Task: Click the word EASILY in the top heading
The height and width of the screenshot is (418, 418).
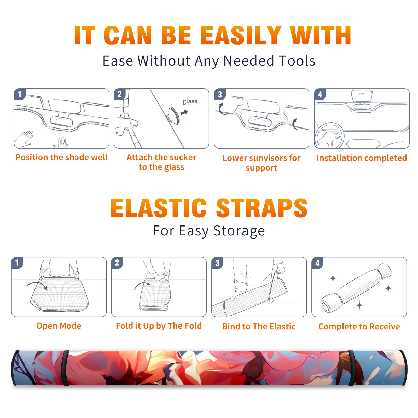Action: pyautogui.click(x=241, y=36)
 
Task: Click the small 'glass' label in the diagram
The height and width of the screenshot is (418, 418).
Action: pyautogui.click(x=190, y=101)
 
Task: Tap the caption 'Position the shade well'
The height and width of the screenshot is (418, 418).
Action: pyautogui.click(x=61, y=157)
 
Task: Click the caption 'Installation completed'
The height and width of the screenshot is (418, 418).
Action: pyautogui.click(x=362, y=158)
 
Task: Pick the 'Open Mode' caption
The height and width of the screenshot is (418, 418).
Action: pyautogui.click(x=59, y=326)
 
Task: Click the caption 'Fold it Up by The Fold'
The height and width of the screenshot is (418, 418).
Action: pyautogui.click(x=159, y=326)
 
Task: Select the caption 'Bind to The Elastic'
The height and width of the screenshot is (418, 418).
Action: pyautogui.click(x=259, y=327)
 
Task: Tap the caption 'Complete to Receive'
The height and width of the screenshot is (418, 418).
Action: pyautogui.click(x=359, y=327)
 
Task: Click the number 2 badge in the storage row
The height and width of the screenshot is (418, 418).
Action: pyautogui.click(x=117, y=263)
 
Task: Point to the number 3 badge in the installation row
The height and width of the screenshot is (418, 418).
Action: pyautogui.click(x=220, y=94)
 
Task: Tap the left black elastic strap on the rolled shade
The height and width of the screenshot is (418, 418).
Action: pyautogui.click(x=65, y=368)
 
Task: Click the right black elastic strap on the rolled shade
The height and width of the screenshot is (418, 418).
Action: pyautogui.click(x=352, y=368)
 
